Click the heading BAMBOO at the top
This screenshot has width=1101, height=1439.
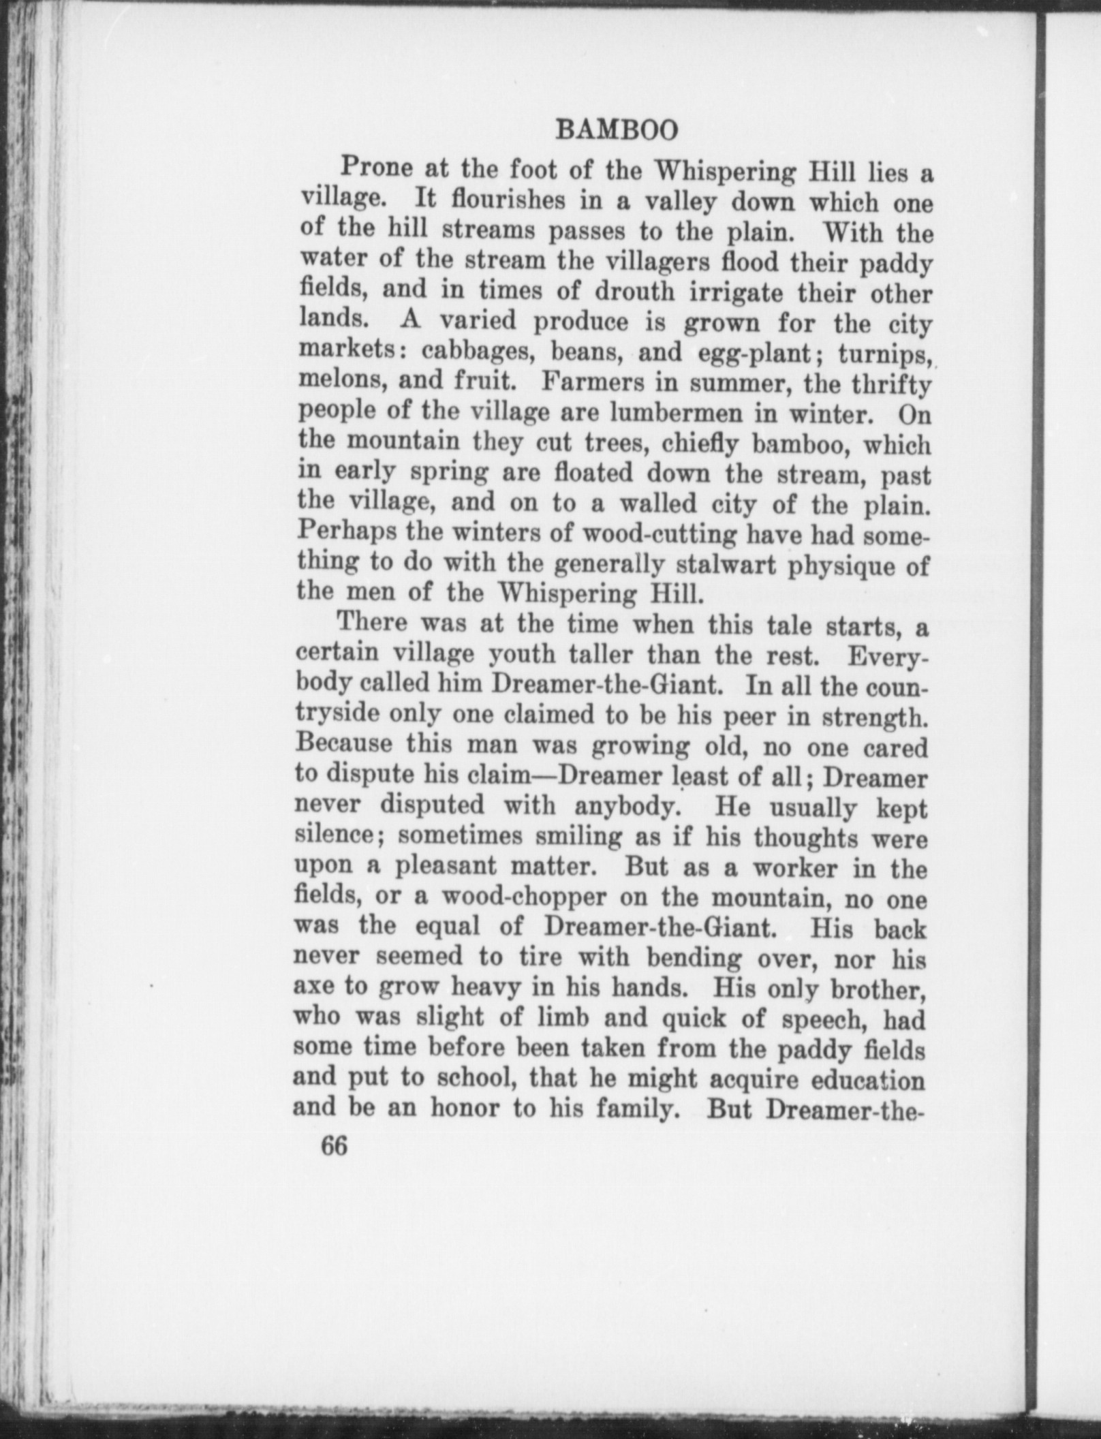[617, 130]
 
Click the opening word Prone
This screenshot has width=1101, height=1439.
[375, 168]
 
